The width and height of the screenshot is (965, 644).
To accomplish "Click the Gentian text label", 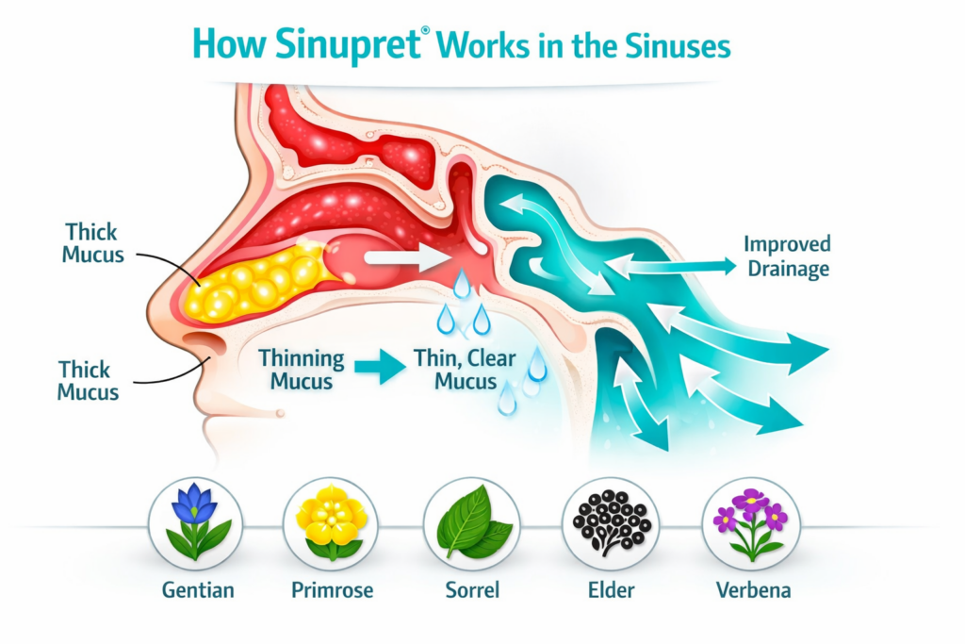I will click(x=196, y=591).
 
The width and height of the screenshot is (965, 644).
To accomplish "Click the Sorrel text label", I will click(x=471, y=591).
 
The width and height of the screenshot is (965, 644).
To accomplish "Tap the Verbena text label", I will click(x=751, y=591).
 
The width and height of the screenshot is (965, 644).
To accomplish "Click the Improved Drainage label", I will click(x=786, y=256).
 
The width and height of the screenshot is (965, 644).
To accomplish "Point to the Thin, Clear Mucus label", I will click(x=455, y=370).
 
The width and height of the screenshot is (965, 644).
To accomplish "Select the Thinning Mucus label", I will click(x=301, y=370).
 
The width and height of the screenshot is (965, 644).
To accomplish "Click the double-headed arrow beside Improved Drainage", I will click(x=671, y=268).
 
